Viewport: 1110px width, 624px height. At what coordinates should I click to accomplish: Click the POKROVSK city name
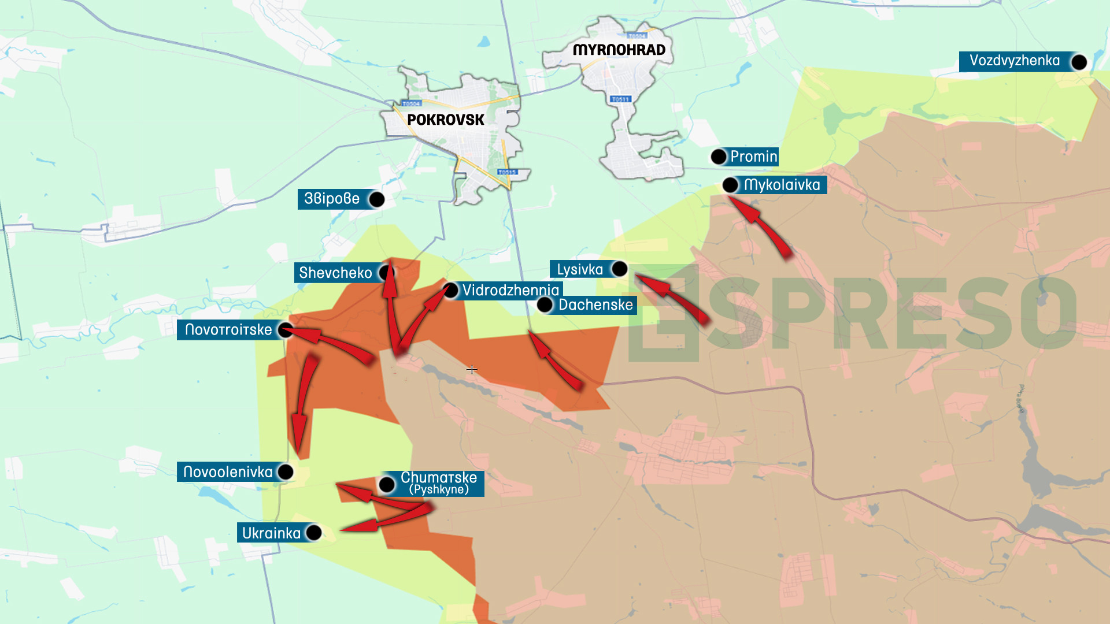pos(445,120)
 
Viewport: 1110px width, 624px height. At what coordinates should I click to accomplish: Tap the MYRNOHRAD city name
pos(619,50)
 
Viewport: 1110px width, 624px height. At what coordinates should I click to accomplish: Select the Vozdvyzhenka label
pos(1014,61)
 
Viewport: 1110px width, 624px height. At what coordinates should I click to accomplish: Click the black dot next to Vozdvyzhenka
pos(1079,62)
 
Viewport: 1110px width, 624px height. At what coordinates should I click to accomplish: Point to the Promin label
pos(753,157)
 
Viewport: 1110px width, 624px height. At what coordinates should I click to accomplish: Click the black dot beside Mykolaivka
pos(730,185)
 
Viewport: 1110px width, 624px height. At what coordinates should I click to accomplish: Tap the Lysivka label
pos(579,269)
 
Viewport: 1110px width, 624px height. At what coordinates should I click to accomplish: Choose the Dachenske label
pos(595,305)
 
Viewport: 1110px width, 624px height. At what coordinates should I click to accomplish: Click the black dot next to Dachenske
pos(545,305)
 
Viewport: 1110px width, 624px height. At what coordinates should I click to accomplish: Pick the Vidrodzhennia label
pos(510,290)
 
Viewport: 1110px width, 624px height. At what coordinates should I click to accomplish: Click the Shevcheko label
pos(335,273)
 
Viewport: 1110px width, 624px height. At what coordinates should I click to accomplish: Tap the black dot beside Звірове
pos(376,199)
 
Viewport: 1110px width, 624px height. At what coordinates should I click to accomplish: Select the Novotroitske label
pos(228,330)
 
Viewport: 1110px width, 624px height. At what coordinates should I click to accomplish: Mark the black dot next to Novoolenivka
pos(286,472)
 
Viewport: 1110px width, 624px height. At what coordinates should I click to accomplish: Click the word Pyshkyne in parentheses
pos(439,490)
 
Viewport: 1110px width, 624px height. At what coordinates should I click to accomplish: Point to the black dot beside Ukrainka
pos(313,533)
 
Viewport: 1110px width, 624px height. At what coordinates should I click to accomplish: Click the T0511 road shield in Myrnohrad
pos(620,99)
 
